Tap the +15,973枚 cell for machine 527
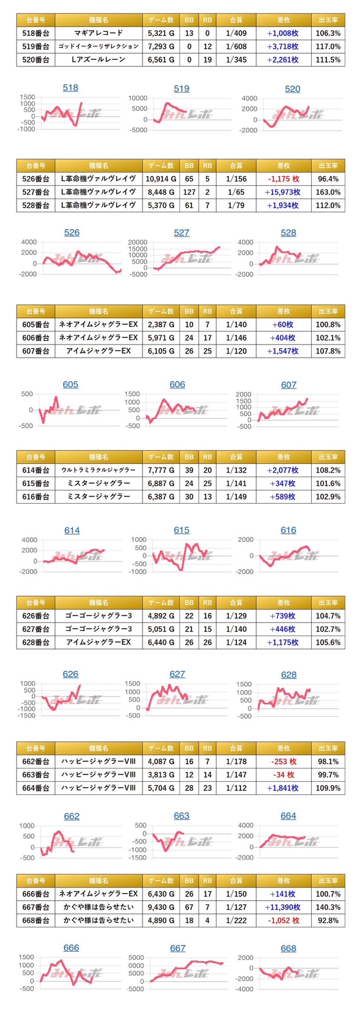[283, 192]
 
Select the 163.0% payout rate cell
[328, 192]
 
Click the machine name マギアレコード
[99, 33]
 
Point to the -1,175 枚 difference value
[283, 179]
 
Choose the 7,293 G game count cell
[161, 46]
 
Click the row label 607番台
[36, 351]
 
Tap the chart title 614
[72, 530]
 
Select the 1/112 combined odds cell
[236, 787]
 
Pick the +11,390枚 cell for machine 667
[283, 907]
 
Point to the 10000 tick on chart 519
[137, 98]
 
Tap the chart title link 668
[288, 948]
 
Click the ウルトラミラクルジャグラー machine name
[99, 470]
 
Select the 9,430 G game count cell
[161, 907]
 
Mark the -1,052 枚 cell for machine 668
[283, 920]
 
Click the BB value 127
[189, 192]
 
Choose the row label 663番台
[36, 774]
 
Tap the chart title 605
[70, 384]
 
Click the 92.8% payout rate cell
[328, 920]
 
